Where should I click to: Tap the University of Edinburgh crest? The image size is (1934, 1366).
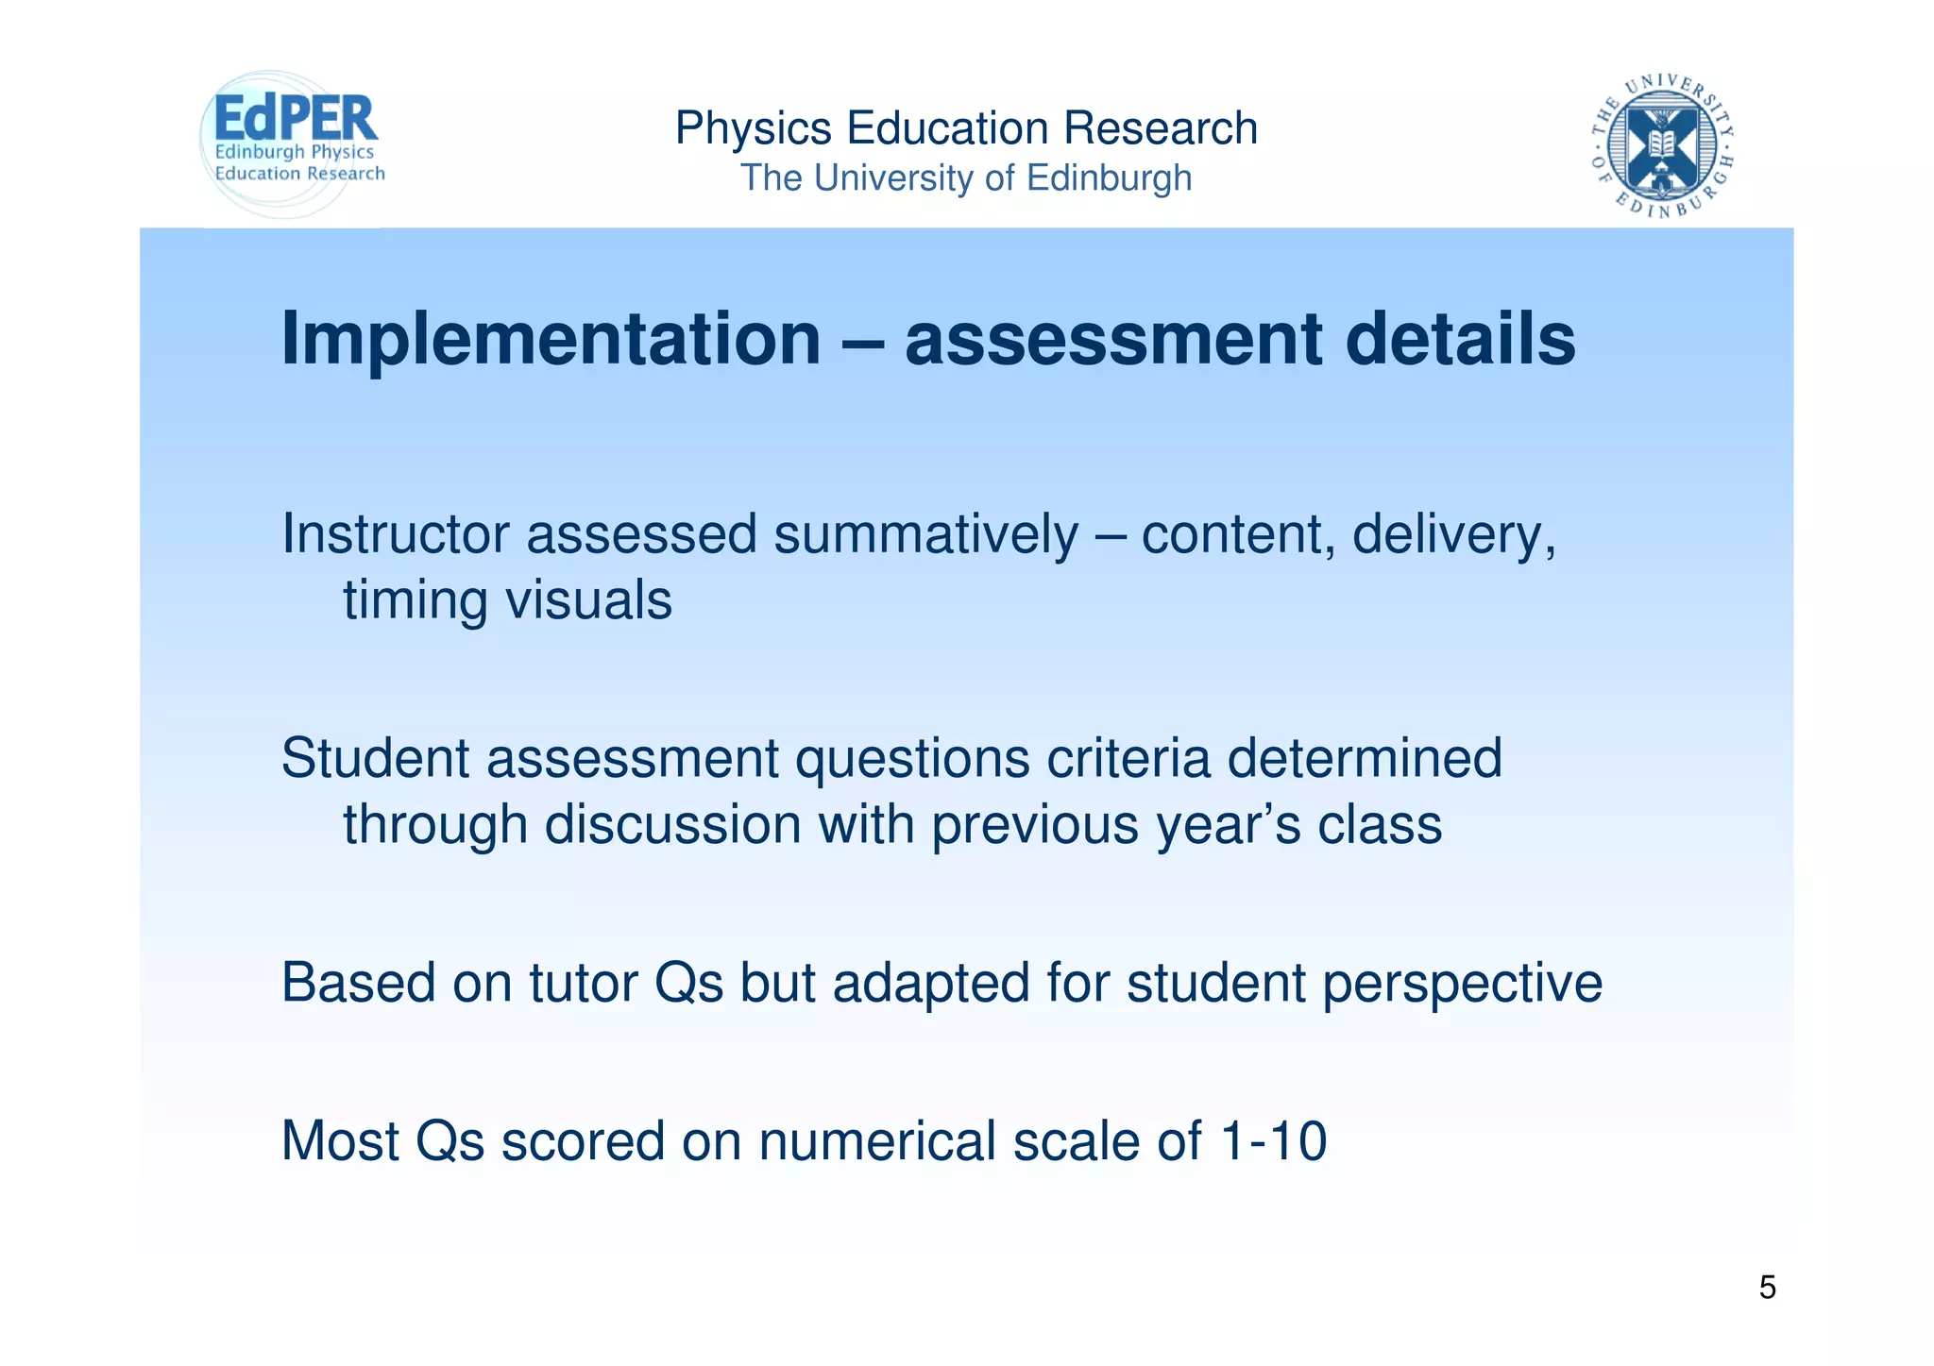point(1661,144)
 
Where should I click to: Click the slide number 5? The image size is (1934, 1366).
point(1767,1288)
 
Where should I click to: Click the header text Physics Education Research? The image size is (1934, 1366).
point(966,128)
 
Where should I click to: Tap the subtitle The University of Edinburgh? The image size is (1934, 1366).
point(966,177)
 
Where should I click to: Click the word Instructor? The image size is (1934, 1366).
point(396,534)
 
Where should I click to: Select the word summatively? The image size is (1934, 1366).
point(925,534)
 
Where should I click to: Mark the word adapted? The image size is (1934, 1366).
point(931,985)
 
